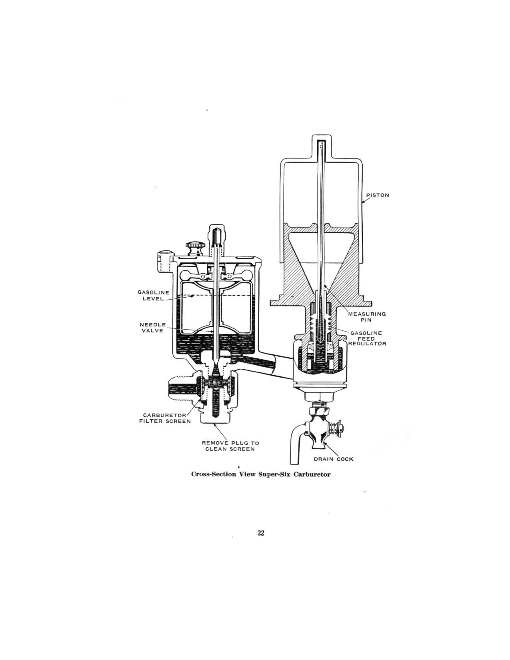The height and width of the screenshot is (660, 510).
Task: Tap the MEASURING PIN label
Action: tap(366, 317)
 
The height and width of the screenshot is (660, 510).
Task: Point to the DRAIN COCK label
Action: tap(336, 459)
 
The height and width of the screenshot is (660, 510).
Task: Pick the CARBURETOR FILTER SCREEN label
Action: tap(165, 418)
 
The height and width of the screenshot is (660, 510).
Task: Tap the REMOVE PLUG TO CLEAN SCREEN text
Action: tap(230, 446)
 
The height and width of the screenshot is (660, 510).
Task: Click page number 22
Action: tap(261, 532)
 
